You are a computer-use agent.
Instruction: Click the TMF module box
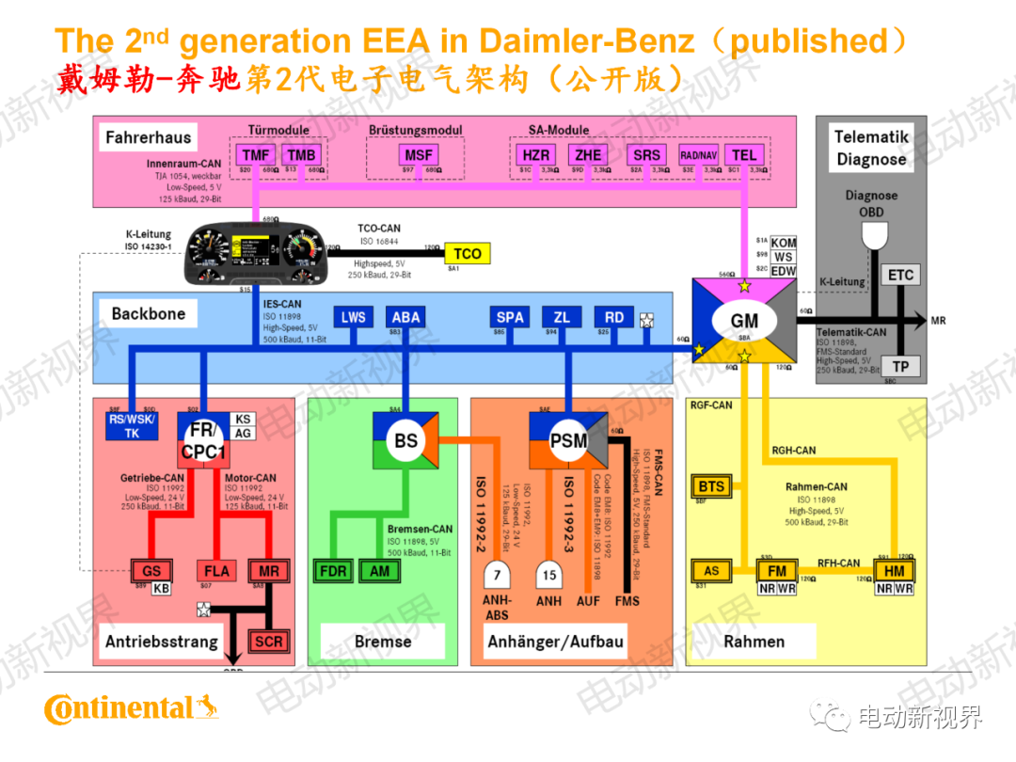[x=257, y=154]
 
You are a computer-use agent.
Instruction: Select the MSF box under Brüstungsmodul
[x=416, y=154]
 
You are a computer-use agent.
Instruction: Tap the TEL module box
[x=744, y=154]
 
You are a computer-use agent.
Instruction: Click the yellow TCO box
[x=467, y=253]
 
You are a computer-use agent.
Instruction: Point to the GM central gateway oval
[x=744, y=321]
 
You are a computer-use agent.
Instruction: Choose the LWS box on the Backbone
[x=353, y=317]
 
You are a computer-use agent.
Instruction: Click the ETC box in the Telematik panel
[x=900, y=275]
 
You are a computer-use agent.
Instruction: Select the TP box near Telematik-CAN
[x=900, y=367]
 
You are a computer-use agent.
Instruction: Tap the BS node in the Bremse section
[x=405, y=439]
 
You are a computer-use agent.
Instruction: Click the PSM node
[x=568, y=439]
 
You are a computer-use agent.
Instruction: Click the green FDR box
[x=334, y=571]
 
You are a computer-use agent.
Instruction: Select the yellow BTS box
[x=712, y=486]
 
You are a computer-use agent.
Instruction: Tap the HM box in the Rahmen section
[x=894, y=570]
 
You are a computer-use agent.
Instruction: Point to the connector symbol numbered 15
[x=549, y=574]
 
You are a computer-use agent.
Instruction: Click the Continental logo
[x=132, y=707]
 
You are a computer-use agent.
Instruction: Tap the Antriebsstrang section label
[x=161, y=642]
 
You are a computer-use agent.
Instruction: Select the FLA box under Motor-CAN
[x=215, y=571]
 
